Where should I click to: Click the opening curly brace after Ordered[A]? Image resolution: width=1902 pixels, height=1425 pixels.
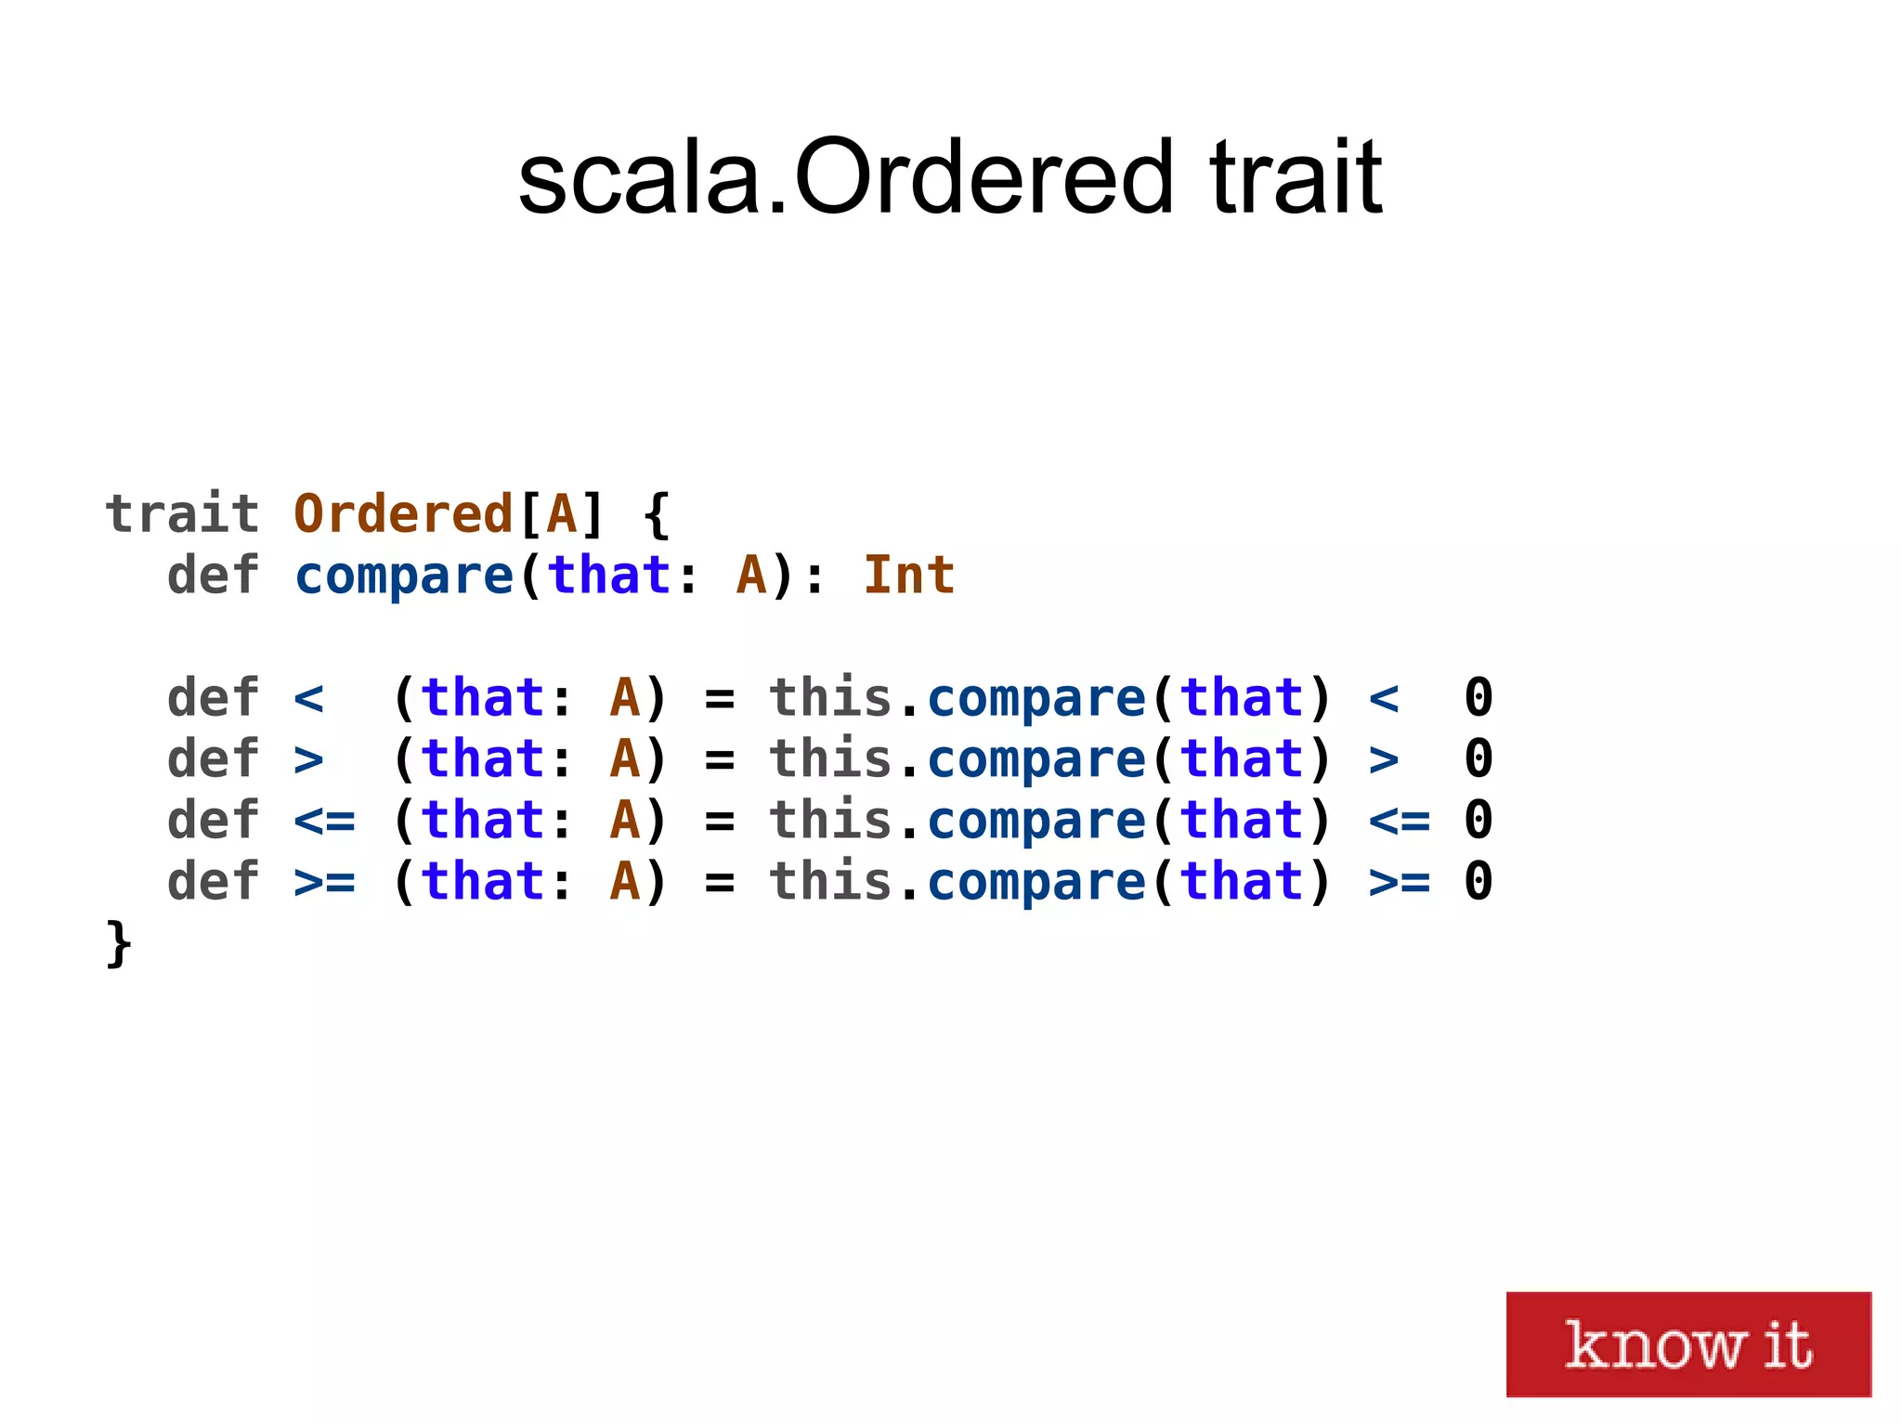pyautogui.click(x=657, y=515)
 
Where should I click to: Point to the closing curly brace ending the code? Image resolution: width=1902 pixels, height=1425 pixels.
pyautogui.click(x=119, y=944)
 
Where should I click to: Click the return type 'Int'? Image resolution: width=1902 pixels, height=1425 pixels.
pyautogui.click(x=908, y=575)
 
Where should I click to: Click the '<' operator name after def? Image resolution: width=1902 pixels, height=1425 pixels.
pyautogui.click(x=308, y=698)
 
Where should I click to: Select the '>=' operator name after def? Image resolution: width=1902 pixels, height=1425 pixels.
pyautogui.click(x=324, y=882)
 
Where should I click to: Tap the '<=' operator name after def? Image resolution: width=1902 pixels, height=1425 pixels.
pyautogui.click(x=324, y=821)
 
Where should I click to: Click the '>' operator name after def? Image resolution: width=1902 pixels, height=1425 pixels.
pyautogui.click(x=308, y=759)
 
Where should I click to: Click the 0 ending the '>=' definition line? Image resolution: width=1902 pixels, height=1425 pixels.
pyautogui.click(x=1478, y=882)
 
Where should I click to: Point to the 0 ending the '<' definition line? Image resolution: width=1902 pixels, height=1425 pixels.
pyautogui.click(x=1478, y=698)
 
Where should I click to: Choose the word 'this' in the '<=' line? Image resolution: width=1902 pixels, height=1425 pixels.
pyautogui.click(x=830, y=821)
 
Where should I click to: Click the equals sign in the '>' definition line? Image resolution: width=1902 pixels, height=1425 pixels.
pyautogui.click(x=720, y=759)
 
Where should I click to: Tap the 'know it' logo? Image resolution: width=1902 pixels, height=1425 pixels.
pyautogui.click(x=1687, y=1343)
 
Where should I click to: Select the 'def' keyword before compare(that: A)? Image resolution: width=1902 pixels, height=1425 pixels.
pyautogui.click(x=213, y=575)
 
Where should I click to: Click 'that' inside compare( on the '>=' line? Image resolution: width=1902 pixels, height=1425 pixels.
pyautogui.click(x=1243, y=882)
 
